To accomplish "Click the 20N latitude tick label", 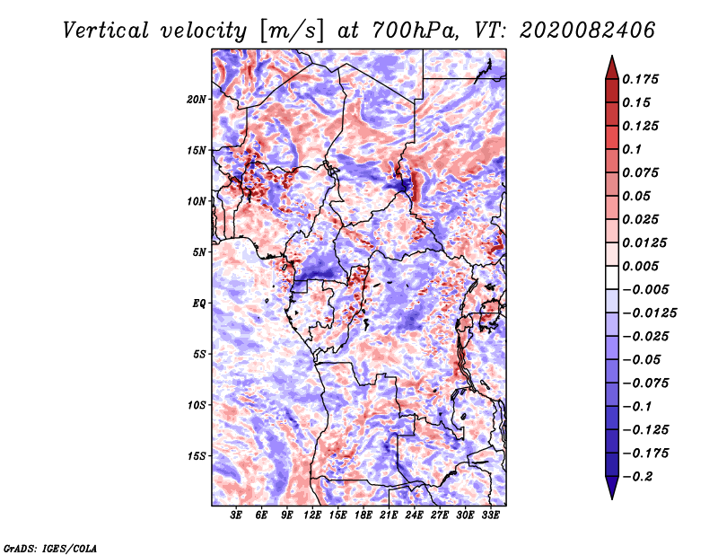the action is [x=197, y=100].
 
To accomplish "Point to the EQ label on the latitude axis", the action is [x=199, y=304].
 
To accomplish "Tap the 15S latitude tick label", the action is [x=197, y=456].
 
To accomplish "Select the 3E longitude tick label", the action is [x=236, y=515].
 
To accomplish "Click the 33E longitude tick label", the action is [x=490, y=515].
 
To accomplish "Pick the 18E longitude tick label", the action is [x=363, y=515].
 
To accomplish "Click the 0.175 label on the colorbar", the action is [x=640, y=79].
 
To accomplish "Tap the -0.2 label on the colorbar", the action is [x=637, y=477].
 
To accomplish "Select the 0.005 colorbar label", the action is [x=640, y=266].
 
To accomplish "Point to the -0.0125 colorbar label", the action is [x=649, y=313].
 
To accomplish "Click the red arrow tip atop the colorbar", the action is [x=612, y=56].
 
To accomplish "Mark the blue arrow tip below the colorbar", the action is [x=612, y=498].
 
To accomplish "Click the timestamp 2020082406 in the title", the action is [x=587, y=31].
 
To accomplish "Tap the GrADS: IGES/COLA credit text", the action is [x=50, y=549].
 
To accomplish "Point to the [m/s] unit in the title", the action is [x=292, y=31].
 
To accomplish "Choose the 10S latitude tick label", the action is [x=197, y=405].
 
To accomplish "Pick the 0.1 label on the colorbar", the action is [x=632, y=149].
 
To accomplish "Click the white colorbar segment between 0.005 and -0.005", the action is [x=612, y=277].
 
